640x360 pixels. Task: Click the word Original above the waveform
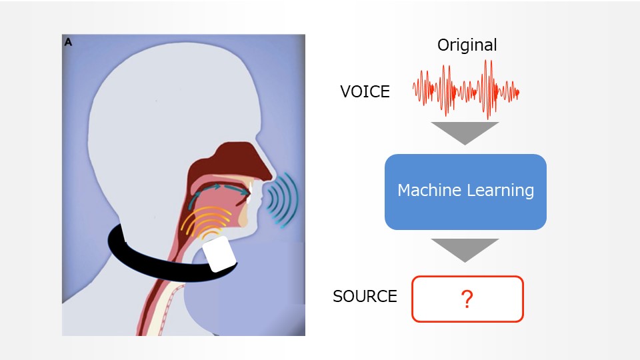click(467, 45)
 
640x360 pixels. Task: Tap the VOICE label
click(365, 92)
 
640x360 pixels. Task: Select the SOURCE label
click(365, 296)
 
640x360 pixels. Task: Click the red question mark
click(467, 300)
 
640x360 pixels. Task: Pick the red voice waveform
click(465, 90)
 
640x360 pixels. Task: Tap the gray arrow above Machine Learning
click(465, 132)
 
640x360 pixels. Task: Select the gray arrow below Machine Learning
click(465, 249)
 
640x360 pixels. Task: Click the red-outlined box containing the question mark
click(493, 299)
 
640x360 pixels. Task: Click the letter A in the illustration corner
click(68, 42)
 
